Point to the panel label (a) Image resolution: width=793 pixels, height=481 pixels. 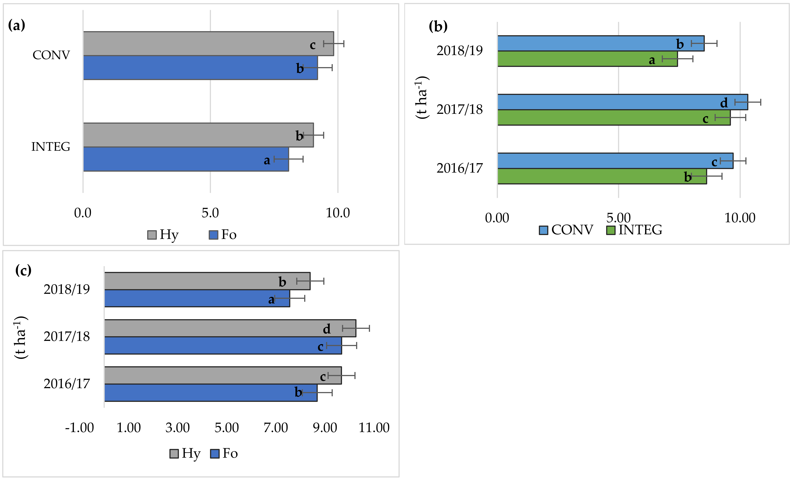[16, 25]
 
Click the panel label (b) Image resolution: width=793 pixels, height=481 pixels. [438, 26]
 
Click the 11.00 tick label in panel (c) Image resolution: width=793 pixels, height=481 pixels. [374, 428]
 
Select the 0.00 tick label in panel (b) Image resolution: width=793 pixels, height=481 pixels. [497, 218]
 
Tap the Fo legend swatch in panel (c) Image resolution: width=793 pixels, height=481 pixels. [215, 454]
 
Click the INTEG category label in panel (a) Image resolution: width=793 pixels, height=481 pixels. [51, 147]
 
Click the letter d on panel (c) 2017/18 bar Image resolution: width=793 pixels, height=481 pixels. [327, 329]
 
